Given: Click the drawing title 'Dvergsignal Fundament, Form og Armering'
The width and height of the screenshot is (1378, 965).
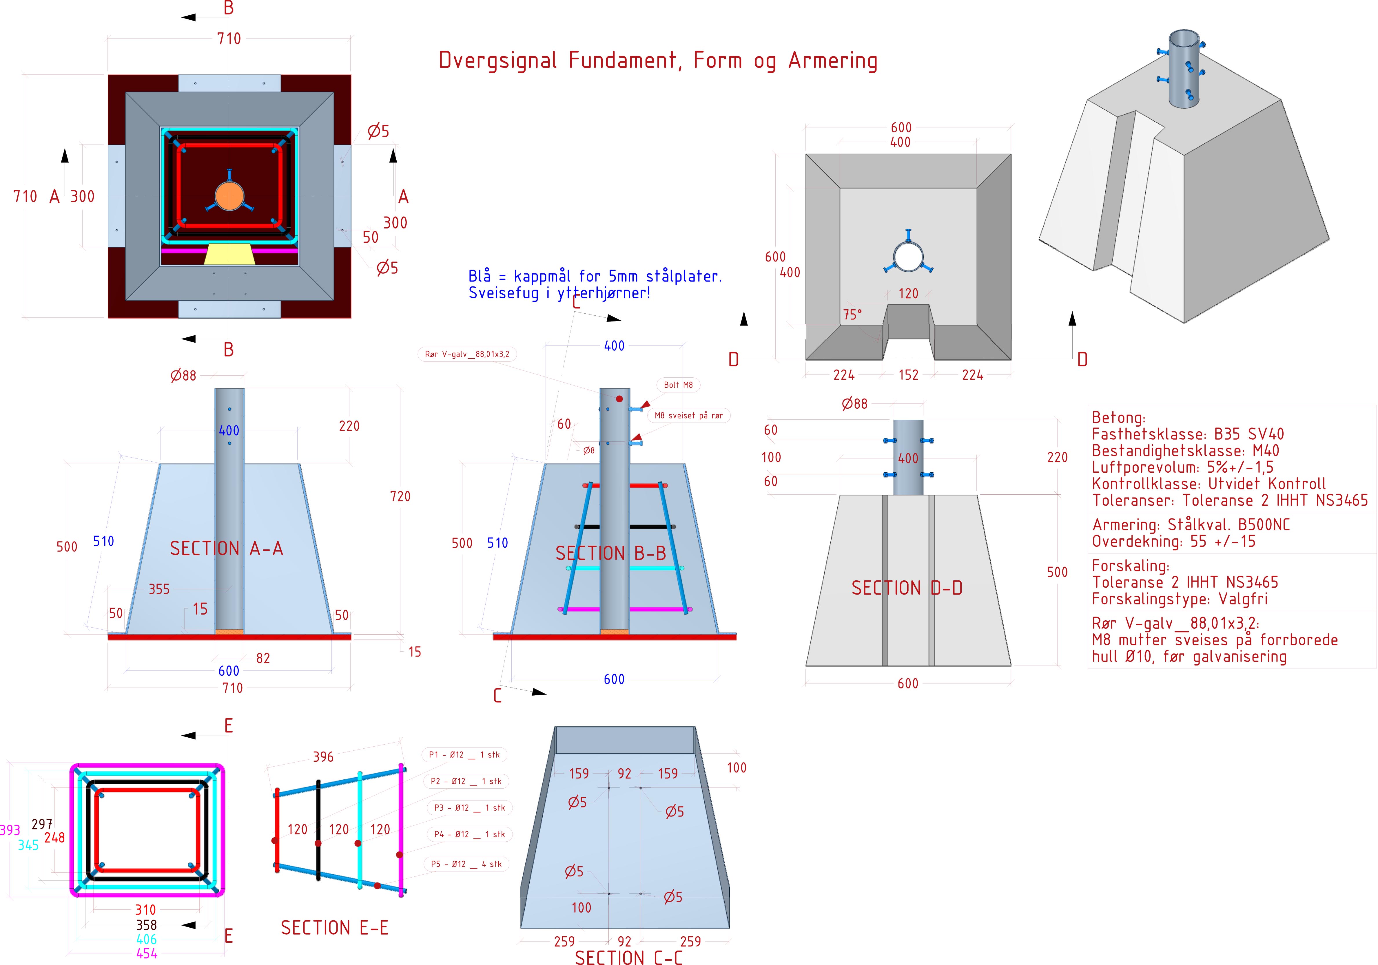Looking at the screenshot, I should [658, 61].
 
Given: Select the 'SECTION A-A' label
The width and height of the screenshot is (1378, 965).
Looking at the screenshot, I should [226, 548].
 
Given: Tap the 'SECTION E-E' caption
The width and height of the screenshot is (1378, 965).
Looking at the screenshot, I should [334, 928].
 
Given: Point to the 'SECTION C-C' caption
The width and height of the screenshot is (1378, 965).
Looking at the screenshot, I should [628, 957].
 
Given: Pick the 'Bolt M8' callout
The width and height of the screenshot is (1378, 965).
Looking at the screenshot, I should [678, 385].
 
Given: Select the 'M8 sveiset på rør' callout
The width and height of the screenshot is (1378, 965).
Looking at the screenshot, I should [688, 415].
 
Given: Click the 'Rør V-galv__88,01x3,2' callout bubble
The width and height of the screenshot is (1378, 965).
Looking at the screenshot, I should [467, 354].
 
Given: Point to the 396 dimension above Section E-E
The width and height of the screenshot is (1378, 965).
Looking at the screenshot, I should [323, 757].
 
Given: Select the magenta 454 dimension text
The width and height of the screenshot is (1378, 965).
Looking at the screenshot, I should [146, 953].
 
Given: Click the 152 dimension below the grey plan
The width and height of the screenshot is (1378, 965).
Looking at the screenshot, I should [908, 375].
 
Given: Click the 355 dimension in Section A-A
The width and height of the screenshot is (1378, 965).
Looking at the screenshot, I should [159, 589].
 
